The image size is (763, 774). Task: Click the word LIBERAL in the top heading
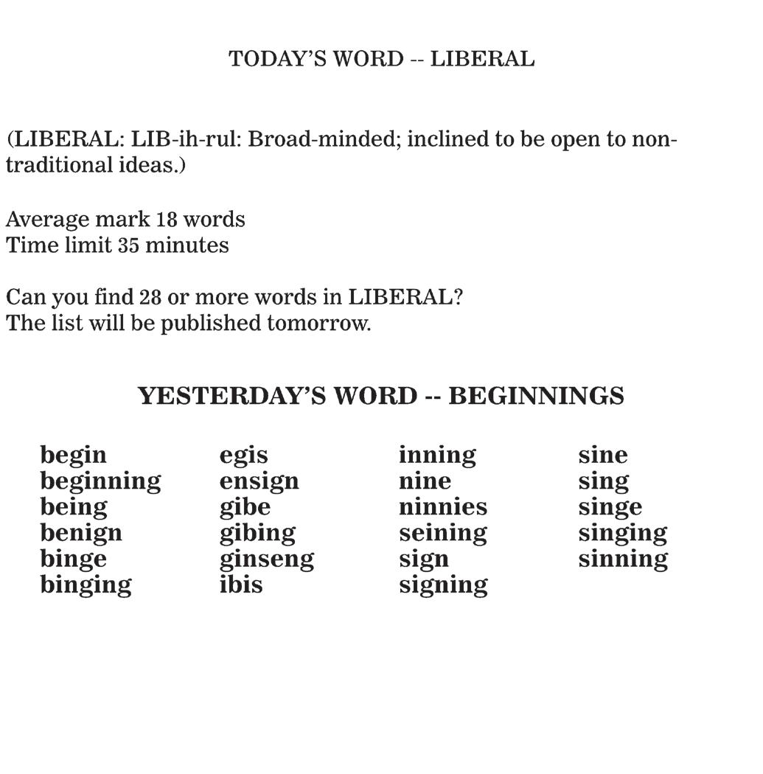tap(482, 59)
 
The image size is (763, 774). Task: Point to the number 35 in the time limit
tap(128, 245)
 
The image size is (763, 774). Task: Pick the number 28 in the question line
tap(150, 298)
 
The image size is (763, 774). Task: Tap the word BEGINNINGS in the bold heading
tap(536, 397)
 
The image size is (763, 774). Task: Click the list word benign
tap(81, 534)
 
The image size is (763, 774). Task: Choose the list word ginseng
tap(266, 559)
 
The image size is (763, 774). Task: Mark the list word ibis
tap(241, 585)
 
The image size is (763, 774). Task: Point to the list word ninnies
tap(442, 507)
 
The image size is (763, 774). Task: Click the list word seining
tap(442, 534)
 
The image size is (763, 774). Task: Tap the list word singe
tap(610, 508)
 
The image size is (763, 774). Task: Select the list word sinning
tap(623, 559)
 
